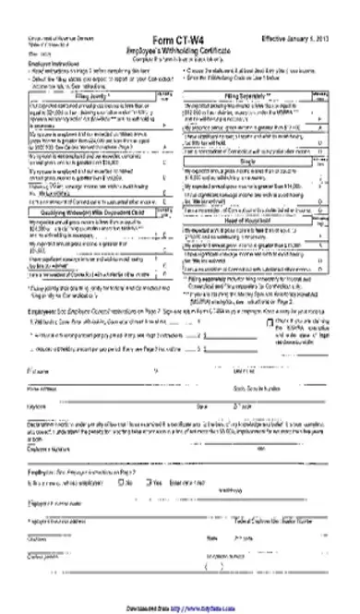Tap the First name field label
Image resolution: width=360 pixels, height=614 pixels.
39,369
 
